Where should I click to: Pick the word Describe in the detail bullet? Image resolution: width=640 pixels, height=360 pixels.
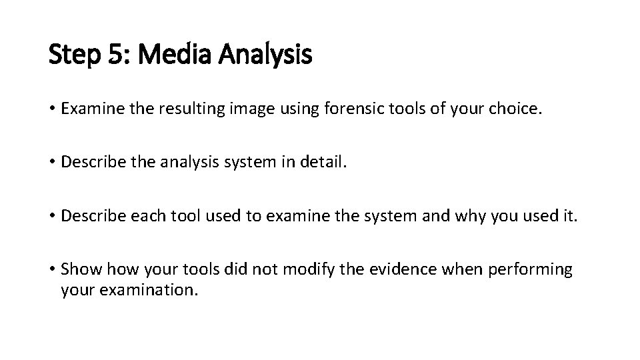point(90,162)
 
